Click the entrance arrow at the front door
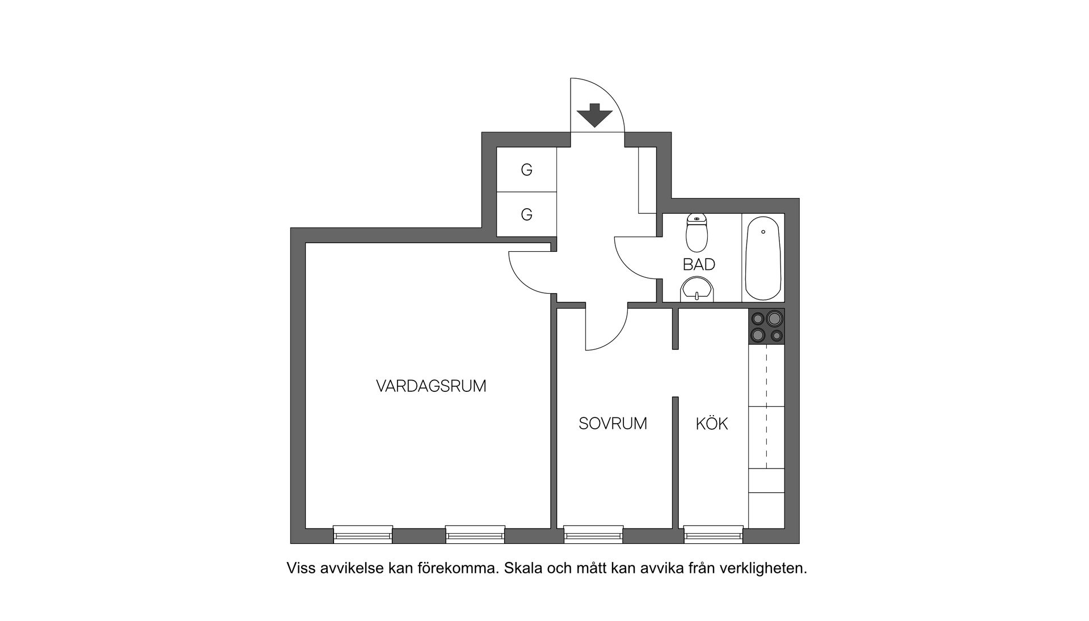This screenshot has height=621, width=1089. click(594, 115)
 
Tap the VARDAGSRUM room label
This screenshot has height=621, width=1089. click(431, 387)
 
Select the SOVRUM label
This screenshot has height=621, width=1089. click(613, 424)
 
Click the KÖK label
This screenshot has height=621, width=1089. click(711, 424)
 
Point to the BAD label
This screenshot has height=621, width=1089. click(699, 265)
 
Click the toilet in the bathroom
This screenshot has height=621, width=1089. click(697, 233)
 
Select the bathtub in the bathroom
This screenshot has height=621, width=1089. click(763, 258)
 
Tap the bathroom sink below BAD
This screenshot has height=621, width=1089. click(697, 289)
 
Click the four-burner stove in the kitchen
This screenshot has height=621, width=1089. click(766, 327)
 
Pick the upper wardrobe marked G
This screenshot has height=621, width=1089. click(526, 170)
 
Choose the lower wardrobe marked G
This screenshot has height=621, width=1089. click(526, 215)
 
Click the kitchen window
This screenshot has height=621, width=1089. click(713, 534)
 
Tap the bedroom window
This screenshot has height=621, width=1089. click(593, 534)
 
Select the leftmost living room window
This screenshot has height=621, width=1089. click(362, 534)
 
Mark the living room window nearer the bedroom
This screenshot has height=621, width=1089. click(475, 534)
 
